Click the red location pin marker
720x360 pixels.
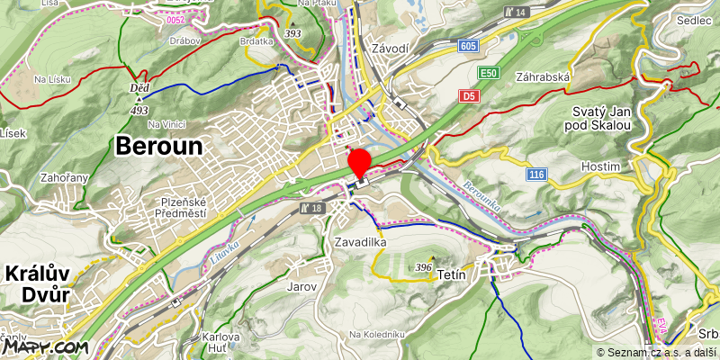pos(360,162)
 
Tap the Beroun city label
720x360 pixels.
pos(159,145)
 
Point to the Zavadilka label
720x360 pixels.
pos(360,242)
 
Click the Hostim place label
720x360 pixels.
pos(601,167)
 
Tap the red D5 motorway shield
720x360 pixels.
pos(468,95)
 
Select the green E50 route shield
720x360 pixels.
pos(489,73)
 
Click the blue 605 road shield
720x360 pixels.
pos(466,46)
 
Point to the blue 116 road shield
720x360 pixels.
pos(537,174)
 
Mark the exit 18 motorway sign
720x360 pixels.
pos(311,208)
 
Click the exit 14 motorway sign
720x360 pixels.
pos(516,12)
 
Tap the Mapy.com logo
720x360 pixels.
pos(44,345)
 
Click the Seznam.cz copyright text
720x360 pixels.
pos(655,353)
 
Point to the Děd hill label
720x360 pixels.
pos(139,87)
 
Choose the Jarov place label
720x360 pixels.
pos(301,287)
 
